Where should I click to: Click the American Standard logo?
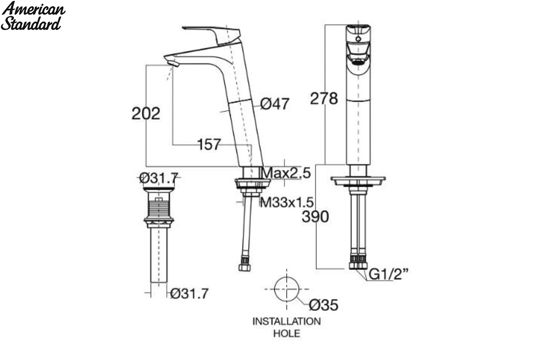(33, 16)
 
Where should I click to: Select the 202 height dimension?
(146, 113)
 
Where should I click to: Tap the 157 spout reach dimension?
(209, 144)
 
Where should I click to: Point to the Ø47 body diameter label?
(274, 104)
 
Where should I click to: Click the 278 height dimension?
(324, 99)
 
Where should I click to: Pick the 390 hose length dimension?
(315, 216)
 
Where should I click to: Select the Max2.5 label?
(286, 173)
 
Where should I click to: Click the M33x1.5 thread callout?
(287, 202)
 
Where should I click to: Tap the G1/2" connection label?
(388, 274)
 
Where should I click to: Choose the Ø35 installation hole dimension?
(324, 305)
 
